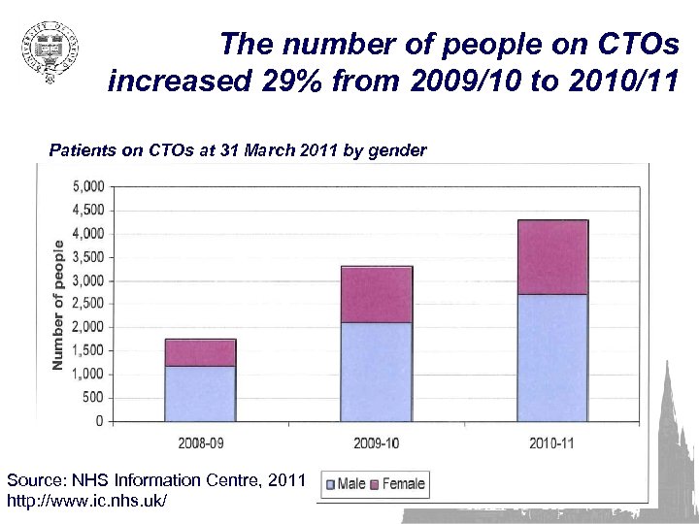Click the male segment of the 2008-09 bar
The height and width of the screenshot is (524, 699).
200,393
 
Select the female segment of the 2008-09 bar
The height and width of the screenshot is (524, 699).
200,352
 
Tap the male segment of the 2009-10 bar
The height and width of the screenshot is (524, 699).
376,372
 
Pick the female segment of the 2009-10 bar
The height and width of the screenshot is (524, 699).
376,294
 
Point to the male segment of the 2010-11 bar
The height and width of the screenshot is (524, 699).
551,357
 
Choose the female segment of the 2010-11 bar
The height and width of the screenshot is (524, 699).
551,257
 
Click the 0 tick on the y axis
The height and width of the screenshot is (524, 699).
99,421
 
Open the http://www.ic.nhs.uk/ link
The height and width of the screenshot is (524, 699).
87,500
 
